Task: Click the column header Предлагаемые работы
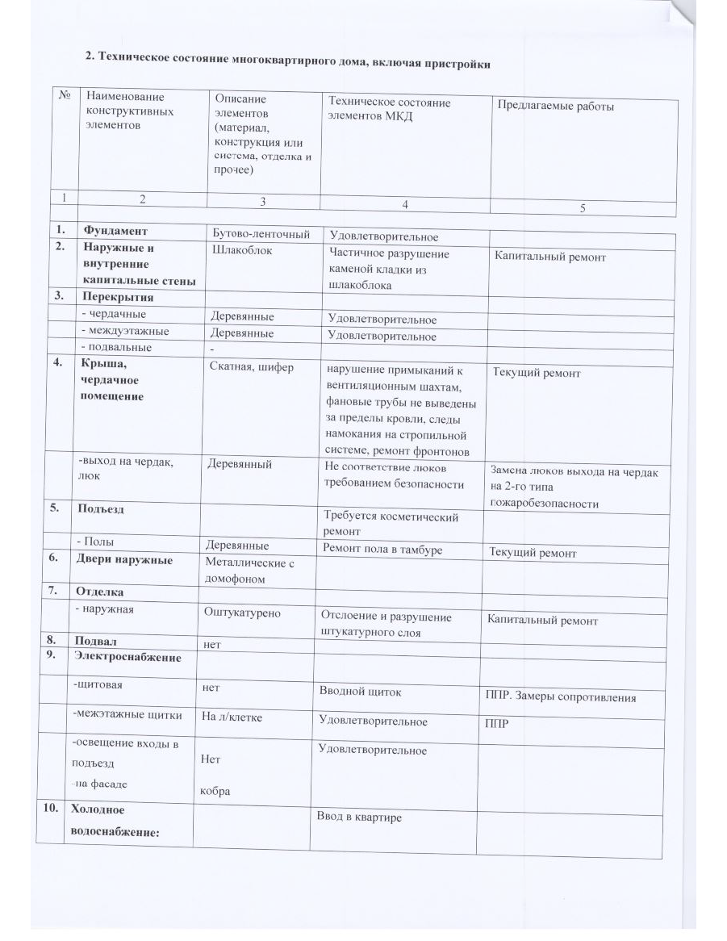555,106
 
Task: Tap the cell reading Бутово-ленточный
261,234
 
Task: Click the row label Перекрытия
115,298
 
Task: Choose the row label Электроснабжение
127,657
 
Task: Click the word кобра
215,791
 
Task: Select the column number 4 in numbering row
405,204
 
